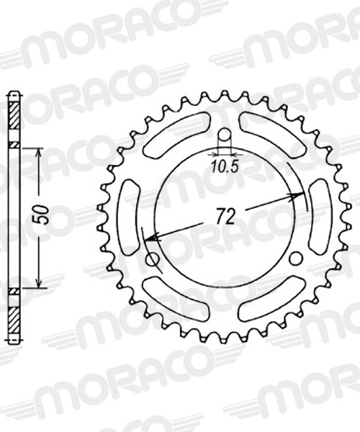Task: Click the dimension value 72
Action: point(224,215)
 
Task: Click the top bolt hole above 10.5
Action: point(225,135)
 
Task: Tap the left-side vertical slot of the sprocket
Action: point(130,216)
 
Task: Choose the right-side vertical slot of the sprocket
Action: point(318,216)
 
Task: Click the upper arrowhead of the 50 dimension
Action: point(39,152)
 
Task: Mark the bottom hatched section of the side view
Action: point(14,317)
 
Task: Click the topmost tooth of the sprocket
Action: point(224,96)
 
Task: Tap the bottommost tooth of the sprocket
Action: point(224,337)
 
